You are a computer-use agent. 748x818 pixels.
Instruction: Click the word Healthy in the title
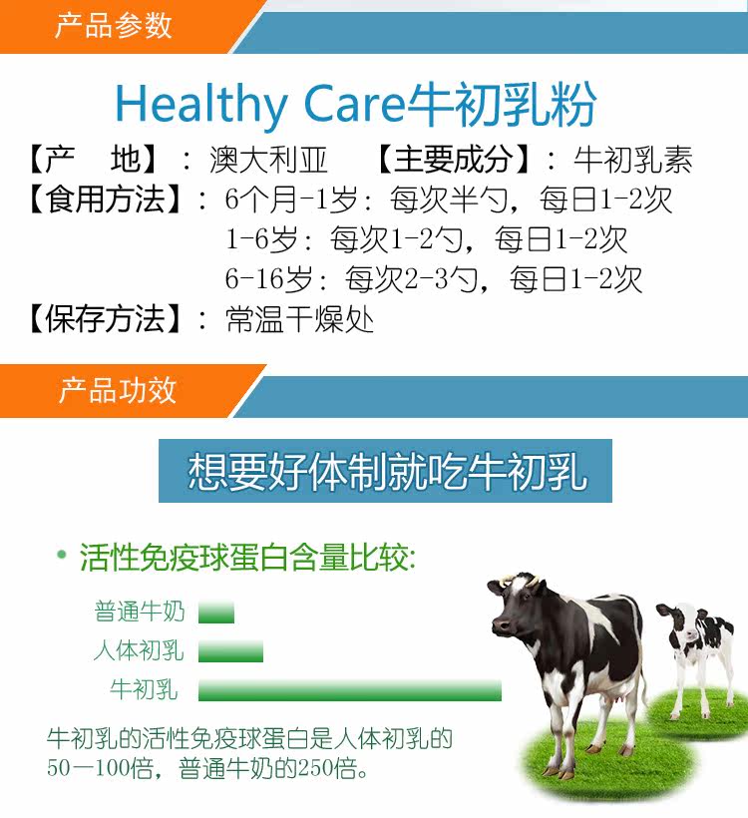(200, 105)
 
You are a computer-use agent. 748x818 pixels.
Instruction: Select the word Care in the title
(354, 104)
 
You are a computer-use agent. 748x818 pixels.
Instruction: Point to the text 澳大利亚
(268, 160)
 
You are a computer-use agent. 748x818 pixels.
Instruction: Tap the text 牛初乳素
(632, 160)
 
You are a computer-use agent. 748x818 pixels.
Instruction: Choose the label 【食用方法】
(105, 200)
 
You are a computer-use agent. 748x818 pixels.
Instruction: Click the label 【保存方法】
(105, 319)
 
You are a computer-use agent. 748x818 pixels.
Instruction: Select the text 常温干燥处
(299, 319)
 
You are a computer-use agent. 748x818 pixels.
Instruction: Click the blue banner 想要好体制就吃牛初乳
(385, 471)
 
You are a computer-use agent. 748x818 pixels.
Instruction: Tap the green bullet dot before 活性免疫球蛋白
(62, 554)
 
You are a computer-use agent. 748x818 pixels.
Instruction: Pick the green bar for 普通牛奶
(216, 613)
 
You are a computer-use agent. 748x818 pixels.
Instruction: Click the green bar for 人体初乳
(230, 651)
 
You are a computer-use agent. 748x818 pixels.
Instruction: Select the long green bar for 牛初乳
(349, 690)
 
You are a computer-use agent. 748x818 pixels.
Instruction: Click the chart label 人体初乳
(139, 651)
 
